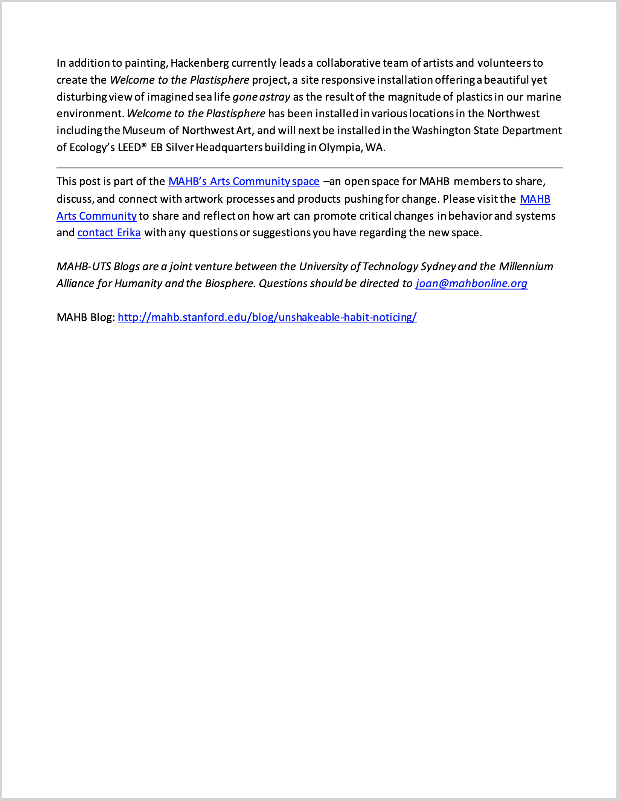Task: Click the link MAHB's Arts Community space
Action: pos(244,182)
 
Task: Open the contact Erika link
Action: pos(109,233)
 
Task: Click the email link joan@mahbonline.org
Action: pos(471,283)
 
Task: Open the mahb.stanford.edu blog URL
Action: pos(267,317)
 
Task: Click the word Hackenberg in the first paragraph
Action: pos(200,63)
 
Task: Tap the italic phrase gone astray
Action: pos(261,97)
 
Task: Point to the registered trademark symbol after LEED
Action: pos(144,145)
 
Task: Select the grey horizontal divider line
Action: pos(309,167)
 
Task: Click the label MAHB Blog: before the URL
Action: pos(86,317)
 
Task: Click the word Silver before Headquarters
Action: pos(179,147)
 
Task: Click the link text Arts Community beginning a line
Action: pos(96,216)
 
